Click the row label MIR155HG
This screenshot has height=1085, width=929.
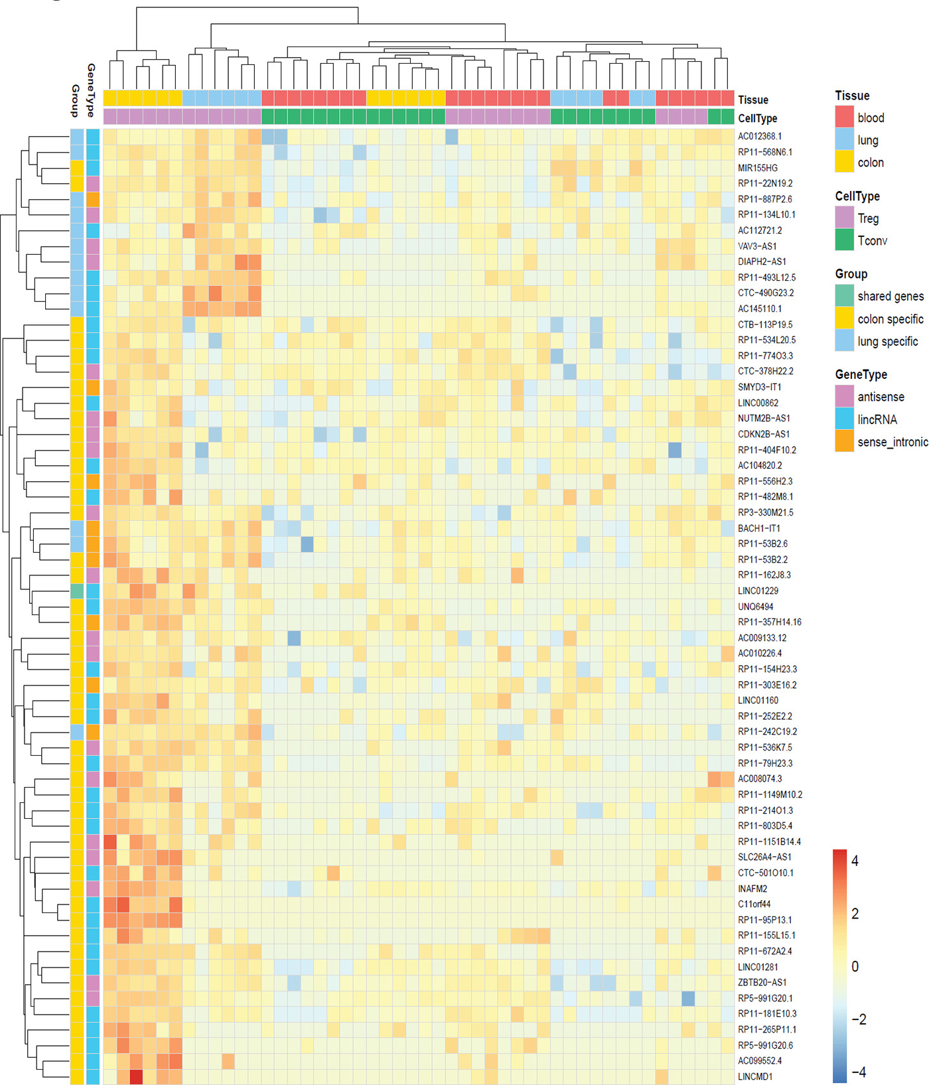(x=758, y=168)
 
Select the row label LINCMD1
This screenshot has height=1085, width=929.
(x=755, y=1076)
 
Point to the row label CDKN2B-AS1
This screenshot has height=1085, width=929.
(x=764, y=434)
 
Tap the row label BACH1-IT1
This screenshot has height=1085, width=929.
(x=759, y=528)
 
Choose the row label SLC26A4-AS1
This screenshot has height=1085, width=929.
(x=764, y=857)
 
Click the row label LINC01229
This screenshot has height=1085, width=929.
(x=758, y=591)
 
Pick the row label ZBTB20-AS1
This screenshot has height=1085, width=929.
(x=762, y=982)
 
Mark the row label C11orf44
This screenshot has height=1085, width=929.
(x=754, y=904)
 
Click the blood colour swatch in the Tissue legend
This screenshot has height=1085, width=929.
(x=844, y=117)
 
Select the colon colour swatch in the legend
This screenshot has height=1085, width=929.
(x=844, y=162)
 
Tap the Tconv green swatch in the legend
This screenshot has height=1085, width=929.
(x=844, y=240)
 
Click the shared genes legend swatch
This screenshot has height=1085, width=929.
(x=844, y=296)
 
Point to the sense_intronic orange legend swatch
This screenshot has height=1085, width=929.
(x=844, y=441)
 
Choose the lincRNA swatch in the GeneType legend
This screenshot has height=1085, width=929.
(x=844, y=419)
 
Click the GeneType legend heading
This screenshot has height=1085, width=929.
(x=861, y=375)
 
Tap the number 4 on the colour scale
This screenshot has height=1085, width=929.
(x=855, y=861)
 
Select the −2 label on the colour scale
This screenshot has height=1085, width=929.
(x=859, y=1019)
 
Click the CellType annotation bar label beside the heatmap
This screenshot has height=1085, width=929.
(x=758, y=118)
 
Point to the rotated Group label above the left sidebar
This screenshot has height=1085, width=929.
(x=76, y=101)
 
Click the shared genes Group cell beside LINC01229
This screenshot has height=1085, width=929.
(x=77, y=591)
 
